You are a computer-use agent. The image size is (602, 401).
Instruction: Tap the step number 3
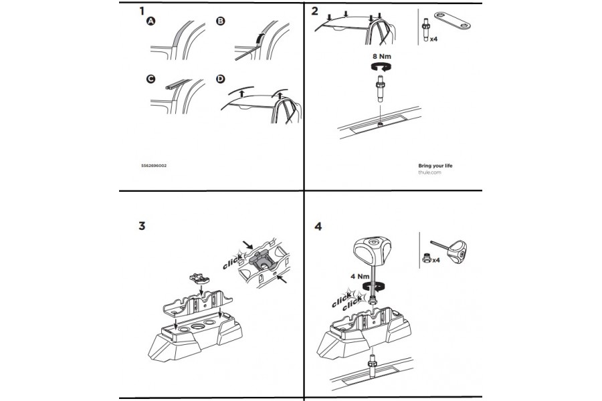click(142, 225)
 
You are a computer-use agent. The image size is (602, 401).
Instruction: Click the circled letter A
click(151, 22)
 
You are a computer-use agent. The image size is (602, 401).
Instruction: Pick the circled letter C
click(151, 80)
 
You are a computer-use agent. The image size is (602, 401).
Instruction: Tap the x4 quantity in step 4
click(435, 259)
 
